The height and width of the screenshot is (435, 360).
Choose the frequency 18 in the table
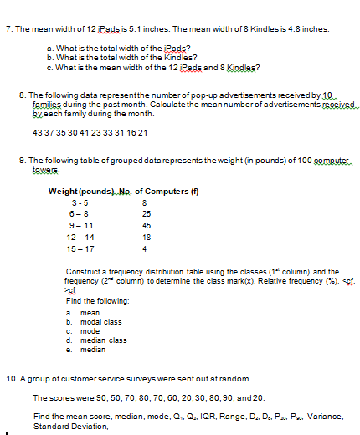[x=147, y=237]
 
